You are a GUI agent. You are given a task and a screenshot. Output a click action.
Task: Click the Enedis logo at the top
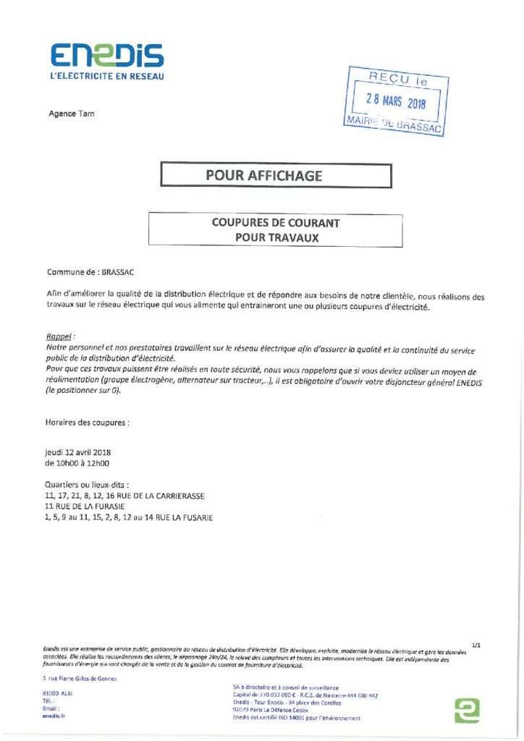(x=106, y=55)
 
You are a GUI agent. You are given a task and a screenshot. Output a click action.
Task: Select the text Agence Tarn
(x=71, y=114)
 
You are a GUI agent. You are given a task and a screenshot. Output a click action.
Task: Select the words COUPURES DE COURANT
(x=275, y=223)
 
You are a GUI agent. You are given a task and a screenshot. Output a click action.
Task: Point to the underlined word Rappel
(x=60, y=338)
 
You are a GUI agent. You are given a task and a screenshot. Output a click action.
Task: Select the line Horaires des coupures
(x=88, y=420)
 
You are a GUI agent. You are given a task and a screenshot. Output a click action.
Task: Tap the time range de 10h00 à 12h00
(x=77, y=462)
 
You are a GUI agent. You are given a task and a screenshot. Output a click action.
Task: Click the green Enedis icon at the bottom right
(x=467, y=710)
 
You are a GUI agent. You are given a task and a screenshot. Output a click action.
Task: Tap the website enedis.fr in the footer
(x=54, y=716)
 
